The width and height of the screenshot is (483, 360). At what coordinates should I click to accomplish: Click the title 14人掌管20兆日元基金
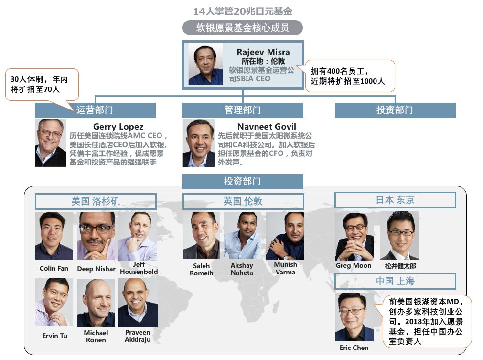tap(242, 11)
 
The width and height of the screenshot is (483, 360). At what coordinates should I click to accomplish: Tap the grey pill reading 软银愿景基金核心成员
tap(242, 28)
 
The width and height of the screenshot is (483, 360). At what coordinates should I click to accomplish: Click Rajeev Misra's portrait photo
tap(205, 65)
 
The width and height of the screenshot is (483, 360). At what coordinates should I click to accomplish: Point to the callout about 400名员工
tap(350, 76)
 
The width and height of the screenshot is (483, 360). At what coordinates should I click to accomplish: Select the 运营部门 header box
tap(95, 110)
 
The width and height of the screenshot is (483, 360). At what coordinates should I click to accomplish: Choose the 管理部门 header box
tap(242, 110)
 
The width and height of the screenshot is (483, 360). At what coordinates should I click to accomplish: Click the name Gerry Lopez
tap(118, 127)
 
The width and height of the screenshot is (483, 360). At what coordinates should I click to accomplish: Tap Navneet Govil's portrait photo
tap(199, 142)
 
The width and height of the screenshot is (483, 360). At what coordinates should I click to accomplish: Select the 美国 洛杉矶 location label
tap(96, 201)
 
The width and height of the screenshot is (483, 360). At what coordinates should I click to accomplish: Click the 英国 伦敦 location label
tap(243, 201)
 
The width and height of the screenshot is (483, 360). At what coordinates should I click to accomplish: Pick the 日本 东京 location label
tap(395, 200)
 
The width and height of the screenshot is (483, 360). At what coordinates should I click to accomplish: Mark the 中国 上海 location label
tap(395, 281)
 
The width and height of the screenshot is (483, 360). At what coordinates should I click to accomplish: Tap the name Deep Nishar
tap(96, 269)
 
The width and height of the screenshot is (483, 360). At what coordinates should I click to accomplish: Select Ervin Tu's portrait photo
tap(54, 302)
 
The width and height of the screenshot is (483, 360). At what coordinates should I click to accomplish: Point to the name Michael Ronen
tap(96, 336)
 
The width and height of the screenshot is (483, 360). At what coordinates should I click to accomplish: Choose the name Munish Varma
tap(285, 268)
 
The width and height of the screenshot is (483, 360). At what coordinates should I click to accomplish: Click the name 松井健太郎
tap(400, 266)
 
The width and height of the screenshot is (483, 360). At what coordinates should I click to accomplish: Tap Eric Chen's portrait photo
tap(354, 317)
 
